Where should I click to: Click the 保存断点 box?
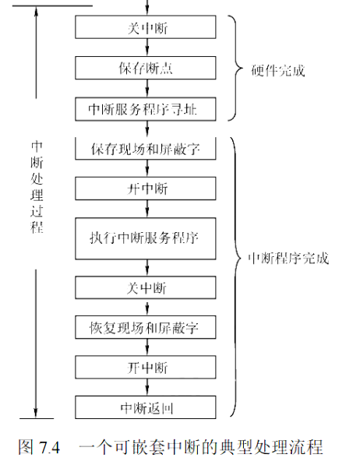(x=146, y=68)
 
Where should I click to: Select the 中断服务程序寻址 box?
(x=146, y=109)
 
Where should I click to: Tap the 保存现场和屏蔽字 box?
(x=146, y=149)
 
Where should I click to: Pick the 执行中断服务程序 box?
(x=146, y=238)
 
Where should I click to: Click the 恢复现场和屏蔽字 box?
(x=146, y=327)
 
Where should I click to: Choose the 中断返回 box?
(x=146, y=407)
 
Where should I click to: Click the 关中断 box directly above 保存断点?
(x=146, y=27)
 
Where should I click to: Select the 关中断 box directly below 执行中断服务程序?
(x=146, y=287)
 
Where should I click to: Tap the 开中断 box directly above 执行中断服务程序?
(x=146, y=188)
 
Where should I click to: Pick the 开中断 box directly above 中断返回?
(x=146, y=368)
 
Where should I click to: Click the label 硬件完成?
(x=277, y=71)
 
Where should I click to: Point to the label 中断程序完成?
(x=288, y=259)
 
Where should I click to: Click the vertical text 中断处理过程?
(x=37, y=187)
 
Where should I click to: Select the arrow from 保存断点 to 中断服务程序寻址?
(x=147, y=88)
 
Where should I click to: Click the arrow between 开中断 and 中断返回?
(x=147, y=387)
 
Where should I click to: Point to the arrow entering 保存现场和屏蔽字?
(x=147, y=129)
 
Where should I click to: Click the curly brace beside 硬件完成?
(x=236, y=69)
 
